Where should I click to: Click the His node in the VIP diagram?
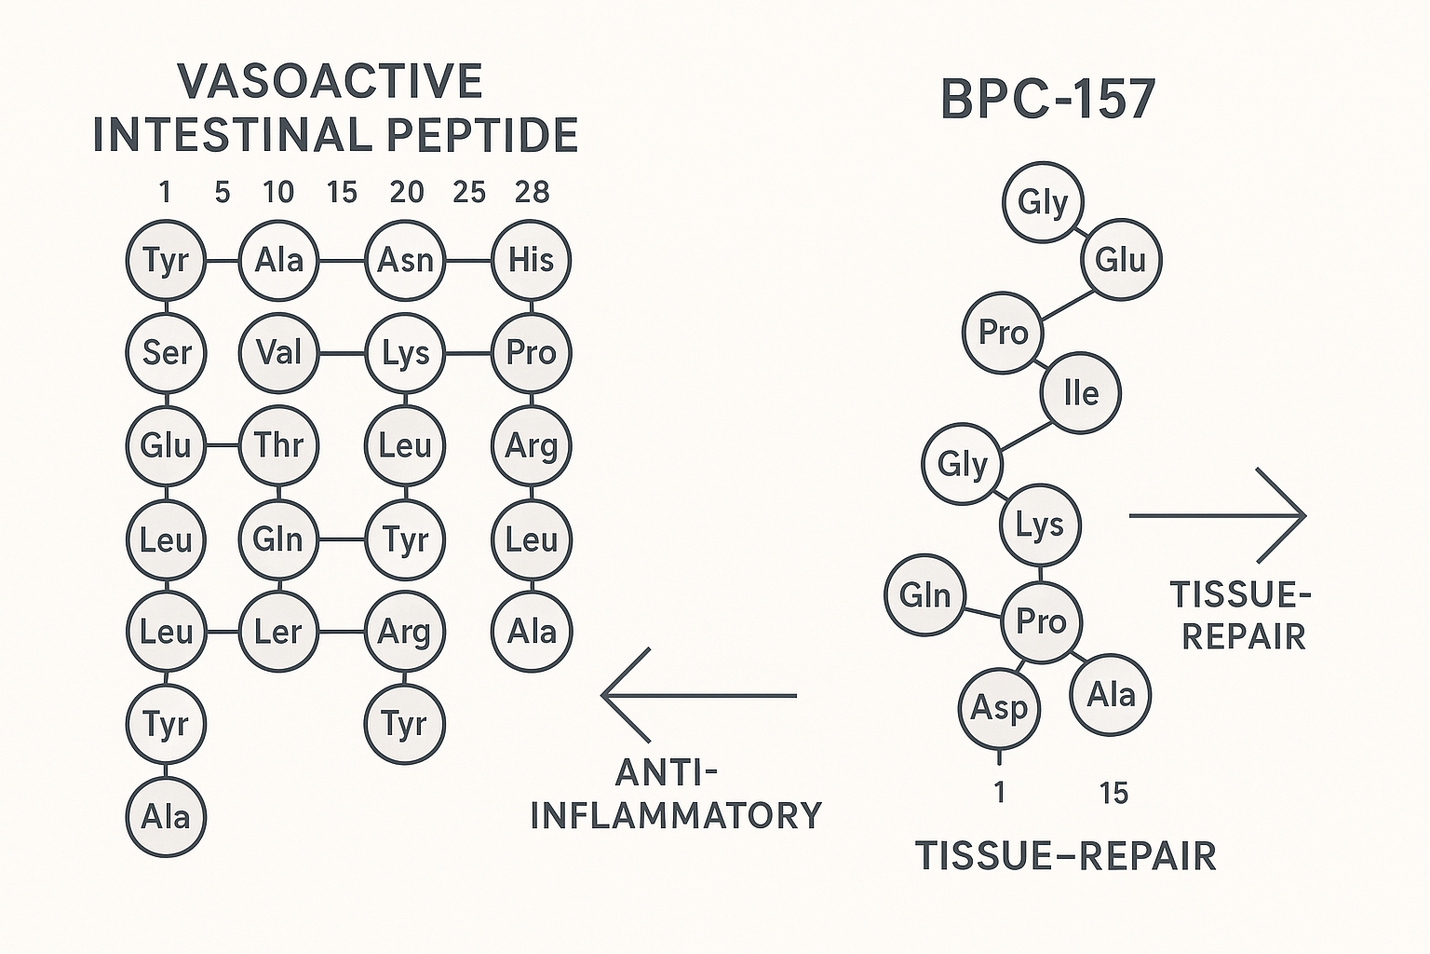coord(531,260)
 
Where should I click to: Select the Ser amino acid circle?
coord(166,352)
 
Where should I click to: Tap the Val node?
coord(278,352)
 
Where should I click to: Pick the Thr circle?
coord(278,445)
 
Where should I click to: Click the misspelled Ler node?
coord(278,632)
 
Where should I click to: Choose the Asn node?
coord(405,260)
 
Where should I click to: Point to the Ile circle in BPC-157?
coord(1080,393)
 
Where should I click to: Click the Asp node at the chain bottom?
coord(999,707)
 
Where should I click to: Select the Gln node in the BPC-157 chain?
coord(924,595)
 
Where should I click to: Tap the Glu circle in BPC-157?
coord(1121,260)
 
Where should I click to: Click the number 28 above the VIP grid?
coord(532,193)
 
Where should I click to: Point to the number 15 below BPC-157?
coord(1113,794)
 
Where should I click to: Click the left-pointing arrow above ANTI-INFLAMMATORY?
coord(698,695)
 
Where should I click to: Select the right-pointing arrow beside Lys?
coord(1218,515)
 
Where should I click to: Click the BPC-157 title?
coord(1048,99)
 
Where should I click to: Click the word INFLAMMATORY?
coord(677,815)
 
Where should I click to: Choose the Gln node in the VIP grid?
coord(278,538)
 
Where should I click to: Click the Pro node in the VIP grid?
coord(531,352)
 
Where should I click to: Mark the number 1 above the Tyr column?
coord(165,193)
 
